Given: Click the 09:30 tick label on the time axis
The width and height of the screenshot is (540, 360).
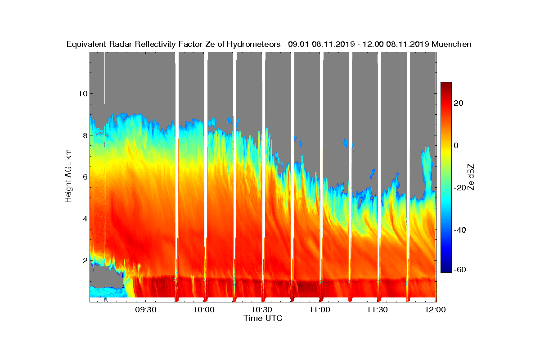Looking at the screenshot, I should coord(146,310).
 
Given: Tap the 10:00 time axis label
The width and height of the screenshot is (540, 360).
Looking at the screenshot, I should coord(204,310).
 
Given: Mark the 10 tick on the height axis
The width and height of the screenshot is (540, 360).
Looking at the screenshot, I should coord(81,94).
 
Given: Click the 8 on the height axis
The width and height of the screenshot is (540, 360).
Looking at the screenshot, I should coord(84,135).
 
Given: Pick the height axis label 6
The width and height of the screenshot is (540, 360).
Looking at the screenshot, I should coord(84,177).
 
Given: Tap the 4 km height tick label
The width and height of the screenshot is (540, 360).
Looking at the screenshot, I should coord(84,219).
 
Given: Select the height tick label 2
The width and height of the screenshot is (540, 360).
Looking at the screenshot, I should coord(84,261).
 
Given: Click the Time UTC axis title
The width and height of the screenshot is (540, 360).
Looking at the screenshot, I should coord(263,318).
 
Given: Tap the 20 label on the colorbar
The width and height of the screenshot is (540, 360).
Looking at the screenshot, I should coord(459,103).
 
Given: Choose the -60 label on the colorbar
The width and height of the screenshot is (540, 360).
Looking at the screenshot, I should coord(458,270).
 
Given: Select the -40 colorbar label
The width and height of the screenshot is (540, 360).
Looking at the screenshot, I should coord(458,230).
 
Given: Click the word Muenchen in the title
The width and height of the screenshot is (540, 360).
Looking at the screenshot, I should coord(451,44).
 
